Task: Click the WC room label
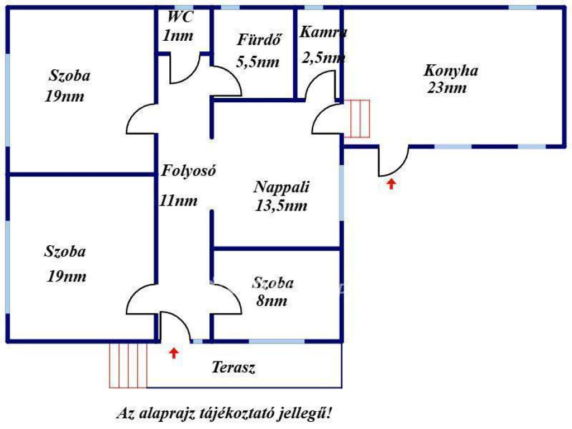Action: tap(180, 17)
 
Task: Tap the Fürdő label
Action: tap(258, 40)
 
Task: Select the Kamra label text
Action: tap(323, 32)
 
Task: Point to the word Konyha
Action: tap(451, 71)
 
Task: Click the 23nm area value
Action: tap(447, 88)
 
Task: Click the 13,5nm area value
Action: tap(282, 206)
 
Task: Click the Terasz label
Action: tap(234, 368)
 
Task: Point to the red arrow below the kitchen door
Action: tap(392, 183)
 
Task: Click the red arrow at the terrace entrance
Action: tap(174, 352)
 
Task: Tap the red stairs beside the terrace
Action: tap(128, 365)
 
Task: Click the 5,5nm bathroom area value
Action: tap(258, 62)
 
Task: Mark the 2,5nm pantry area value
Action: tap(323, 57)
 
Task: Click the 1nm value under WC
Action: tap(178, 36)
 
